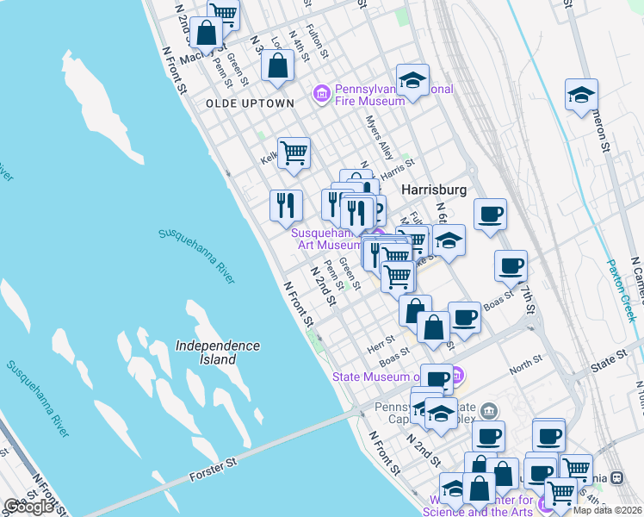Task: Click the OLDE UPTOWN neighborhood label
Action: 250,103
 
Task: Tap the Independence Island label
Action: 218,352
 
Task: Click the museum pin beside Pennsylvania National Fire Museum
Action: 321,92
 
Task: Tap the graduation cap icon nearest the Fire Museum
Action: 412,80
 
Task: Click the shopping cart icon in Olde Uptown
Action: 294,153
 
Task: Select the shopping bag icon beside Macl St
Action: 207,34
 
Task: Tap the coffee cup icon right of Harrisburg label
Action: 489,213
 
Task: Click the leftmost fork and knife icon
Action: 286,204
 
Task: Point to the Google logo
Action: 29,507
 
